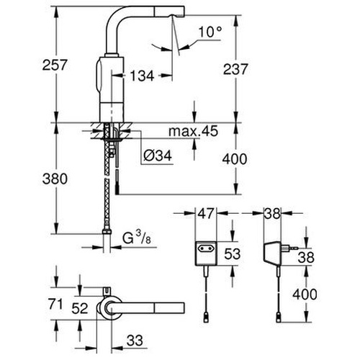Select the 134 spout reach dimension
coord(141,76)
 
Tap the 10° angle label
coord(208,32)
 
